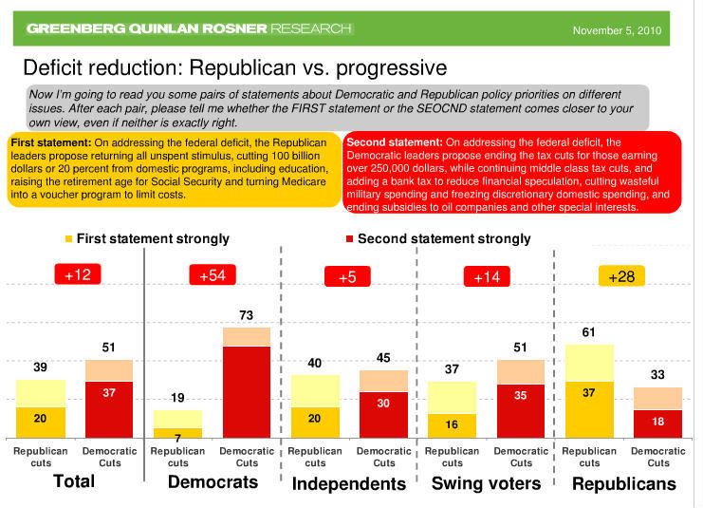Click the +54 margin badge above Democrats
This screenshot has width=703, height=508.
tap(213, 274)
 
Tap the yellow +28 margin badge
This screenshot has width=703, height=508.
tap(621, 276)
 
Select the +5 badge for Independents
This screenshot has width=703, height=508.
tap(347, 276)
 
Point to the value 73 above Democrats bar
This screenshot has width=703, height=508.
tap(246, 315)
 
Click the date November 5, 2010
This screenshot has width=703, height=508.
tap(617, 30)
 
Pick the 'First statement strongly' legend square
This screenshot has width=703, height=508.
tap(68, 239)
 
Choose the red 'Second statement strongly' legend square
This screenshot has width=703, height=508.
tap(350, 238)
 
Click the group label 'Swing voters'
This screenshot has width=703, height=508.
tap(486, 483)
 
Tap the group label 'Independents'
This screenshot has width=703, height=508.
tap(349, 483)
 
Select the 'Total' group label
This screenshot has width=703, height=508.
tap(74, 481)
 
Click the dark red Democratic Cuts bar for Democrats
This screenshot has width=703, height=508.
tap(247, 392)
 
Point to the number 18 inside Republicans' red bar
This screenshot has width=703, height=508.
tap(657, 422)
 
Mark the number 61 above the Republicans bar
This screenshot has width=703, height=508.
tap(588, 332)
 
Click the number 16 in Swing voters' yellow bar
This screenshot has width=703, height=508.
tap(452, 424)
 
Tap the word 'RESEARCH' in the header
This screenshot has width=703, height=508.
tap(310, 28)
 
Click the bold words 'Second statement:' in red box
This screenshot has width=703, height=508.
tap(395, 142)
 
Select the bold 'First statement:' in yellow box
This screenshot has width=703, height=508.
tap(51, 142)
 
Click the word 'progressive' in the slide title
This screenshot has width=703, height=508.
tap(392, 68)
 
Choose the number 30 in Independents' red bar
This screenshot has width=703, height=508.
tap(383, 403)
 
